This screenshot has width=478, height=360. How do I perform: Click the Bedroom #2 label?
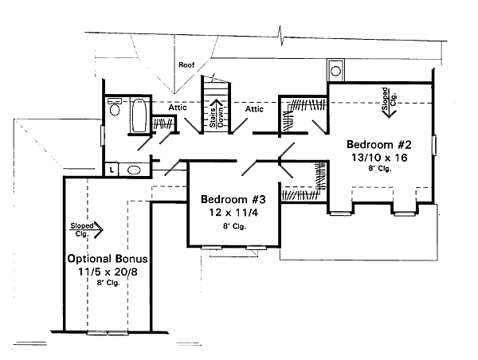(379, 145)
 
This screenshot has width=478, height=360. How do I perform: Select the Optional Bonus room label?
(100, 260)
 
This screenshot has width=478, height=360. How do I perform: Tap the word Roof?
(186, 65)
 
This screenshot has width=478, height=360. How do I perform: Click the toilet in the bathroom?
(115, 109)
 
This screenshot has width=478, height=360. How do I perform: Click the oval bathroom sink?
(135, 168)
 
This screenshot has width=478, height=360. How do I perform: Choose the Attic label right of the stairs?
(254, 108)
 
